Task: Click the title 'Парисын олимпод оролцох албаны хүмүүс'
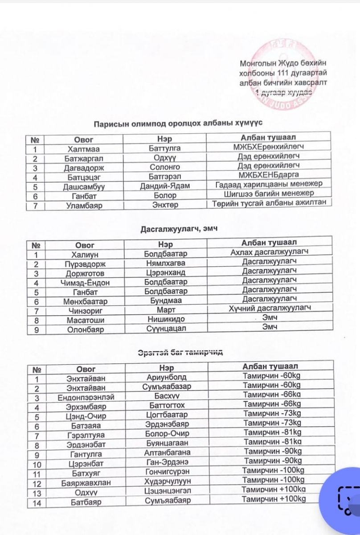point(180,123)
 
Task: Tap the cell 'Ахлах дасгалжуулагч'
point(269,252)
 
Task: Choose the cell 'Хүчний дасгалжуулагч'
point(270,309)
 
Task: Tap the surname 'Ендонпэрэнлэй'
point(86,397)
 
